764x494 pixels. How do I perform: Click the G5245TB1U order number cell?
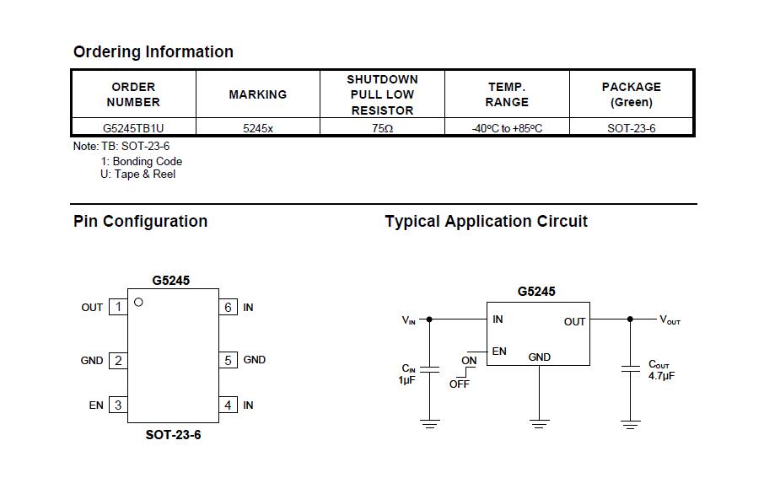(x=133, y=128)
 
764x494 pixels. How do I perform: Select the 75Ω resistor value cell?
(x=383, y=128)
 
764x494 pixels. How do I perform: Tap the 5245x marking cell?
(x=258, y=128)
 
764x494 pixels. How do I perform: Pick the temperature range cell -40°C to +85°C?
(x=507, y=128)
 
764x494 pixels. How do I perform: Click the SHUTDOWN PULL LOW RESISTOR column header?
(x=383, y=94)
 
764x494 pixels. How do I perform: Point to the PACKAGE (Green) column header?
(x=632, y=94)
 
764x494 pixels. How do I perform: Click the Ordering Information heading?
(x=153, y=51)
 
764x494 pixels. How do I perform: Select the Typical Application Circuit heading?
(x=487, y=221)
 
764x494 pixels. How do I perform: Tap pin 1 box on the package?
(x=118, y=307)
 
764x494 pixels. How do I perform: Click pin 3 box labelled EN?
(x=118, y=405)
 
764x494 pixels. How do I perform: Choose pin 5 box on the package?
(x=228, y=360)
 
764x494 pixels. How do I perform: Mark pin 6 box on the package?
(x=228, y=307)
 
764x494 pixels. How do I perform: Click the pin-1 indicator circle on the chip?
(x=138, y=302)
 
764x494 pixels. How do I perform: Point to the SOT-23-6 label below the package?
(x=173, y=434)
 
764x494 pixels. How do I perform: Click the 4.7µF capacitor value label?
(x=662, y=376)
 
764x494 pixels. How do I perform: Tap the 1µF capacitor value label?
(x=406, y=380)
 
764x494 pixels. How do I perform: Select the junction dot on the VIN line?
(x=429, y=319)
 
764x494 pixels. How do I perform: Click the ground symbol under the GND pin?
(x=539, y=424)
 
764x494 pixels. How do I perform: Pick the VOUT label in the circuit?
(x=670, y=319)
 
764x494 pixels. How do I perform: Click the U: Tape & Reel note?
(x=138, y=174)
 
